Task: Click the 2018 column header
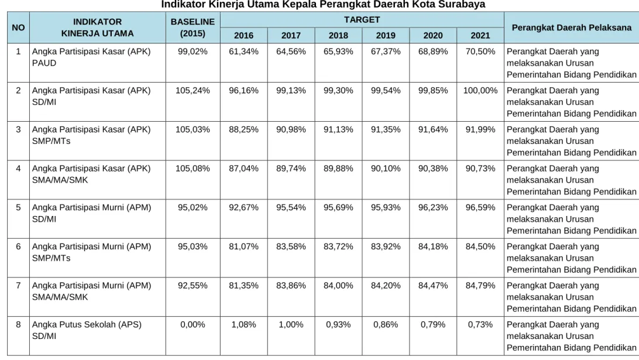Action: [338, 36]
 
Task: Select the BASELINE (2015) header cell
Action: [193, 28]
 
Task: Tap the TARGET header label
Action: [362, 19]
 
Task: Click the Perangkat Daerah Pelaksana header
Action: [571, 28]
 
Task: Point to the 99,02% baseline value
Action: [193, 52]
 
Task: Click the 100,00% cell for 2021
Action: [480, 91]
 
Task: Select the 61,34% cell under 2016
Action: [243, 52]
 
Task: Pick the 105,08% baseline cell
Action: [193, 169]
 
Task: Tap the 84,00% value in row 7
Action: [338, 286]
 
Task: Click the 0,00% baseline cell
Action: [193, 324]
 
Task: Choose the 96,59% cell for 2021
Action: [480, 208]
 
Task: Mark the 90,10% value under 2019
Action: [386, 169]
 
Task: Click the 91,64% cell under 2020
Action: [433, 129]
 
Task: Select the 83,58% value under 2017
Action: [291, 246]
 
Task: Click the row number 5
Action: [18, 208]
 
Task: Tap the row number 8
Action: [18, 324]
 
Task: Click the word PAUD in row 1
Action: [44, 63]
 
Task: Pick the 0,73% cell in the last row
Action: [480, 324]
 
